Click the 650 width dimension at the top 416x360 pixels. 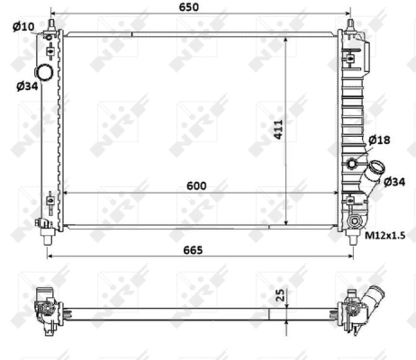tap(199, 7)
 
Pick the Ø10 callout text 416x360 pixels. tap(23, 26)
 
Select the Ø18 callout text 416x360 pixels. tap(379, 139)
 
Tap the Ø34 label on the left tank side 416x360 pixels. tap(26, 85)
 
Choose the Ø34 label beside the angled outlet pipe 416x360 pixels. tap(394, 182)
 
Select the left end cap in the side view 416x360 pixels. tap(45, 306)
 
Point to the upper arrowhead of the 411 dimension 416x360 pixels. tap(285, 39)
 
